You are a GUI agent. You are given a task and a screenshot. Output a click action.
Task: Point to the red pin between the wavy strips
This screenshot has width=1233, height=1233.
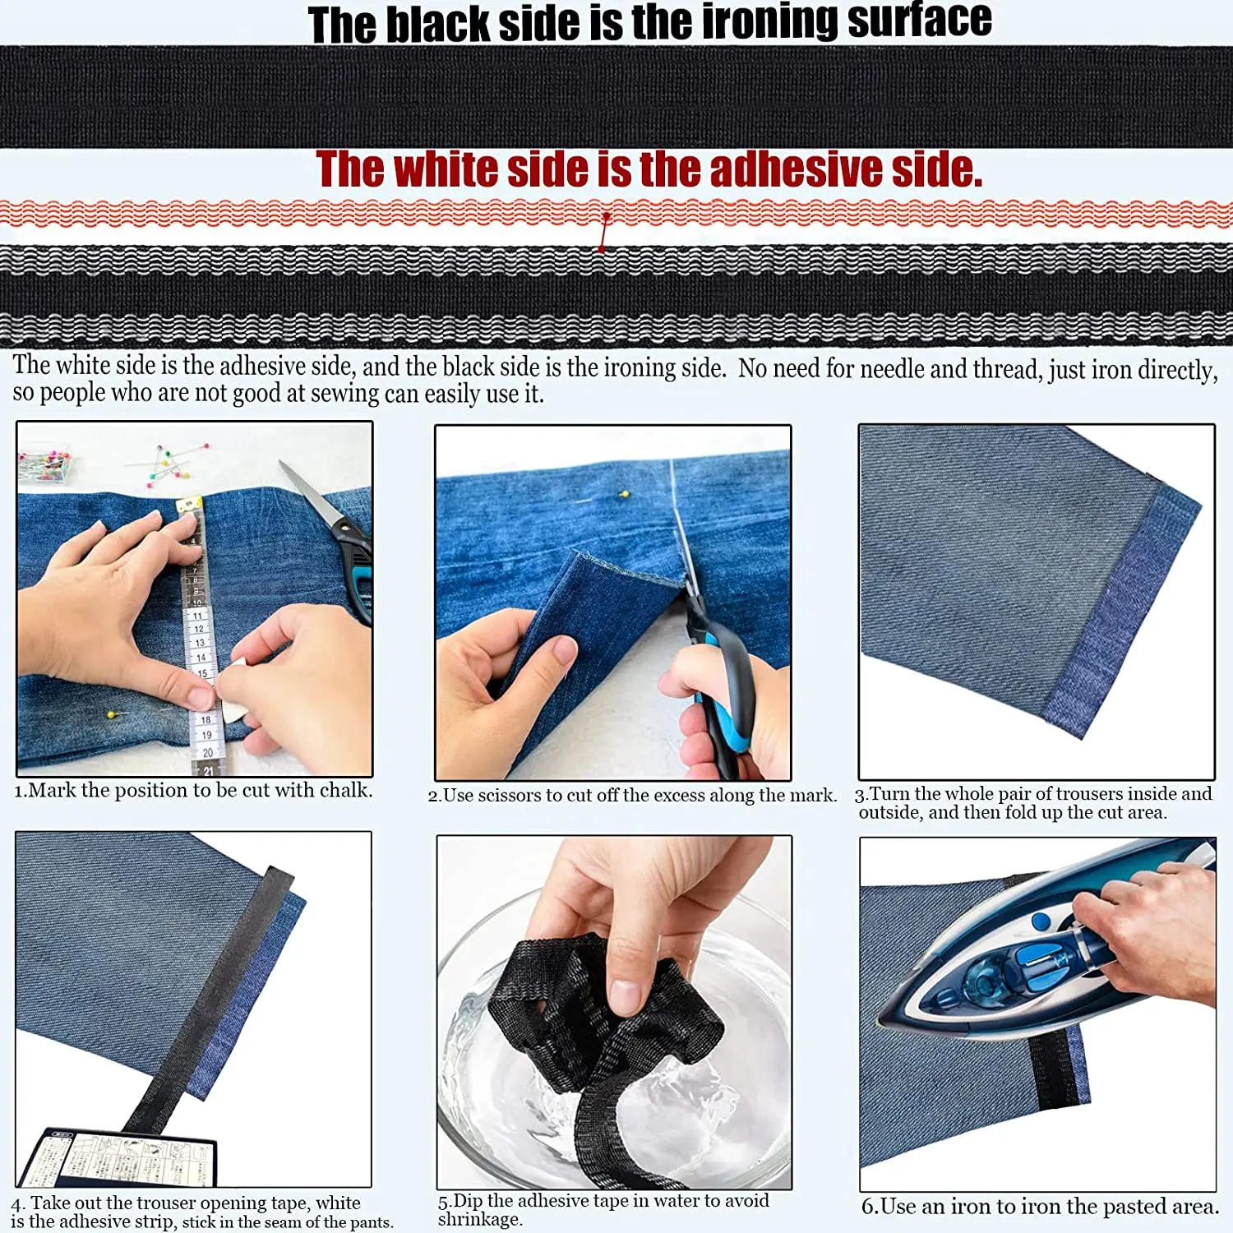pos(606,219)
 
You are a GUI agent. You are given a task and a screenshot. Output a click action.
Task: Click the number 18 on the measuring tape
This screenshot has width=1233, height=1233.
pos(205,719)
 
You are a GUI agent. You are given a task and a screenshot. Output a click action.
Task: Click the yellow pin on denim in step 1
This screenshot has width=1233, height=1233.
pos(110,714)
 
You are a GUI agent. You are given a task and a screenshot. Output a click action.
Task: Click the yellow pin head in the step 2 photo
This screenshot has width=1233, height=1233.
pos(624,494)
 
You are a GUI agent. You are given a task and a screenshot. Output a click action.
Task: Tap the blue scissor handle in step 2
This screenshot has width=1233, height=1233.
pos(727,690)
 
